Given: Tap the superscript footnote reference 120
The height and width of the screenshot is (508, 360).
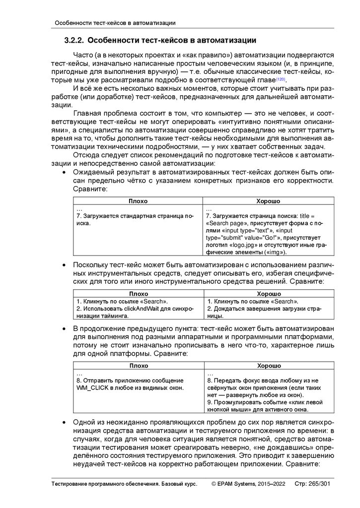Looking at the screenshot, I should [x=281, y=79].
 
